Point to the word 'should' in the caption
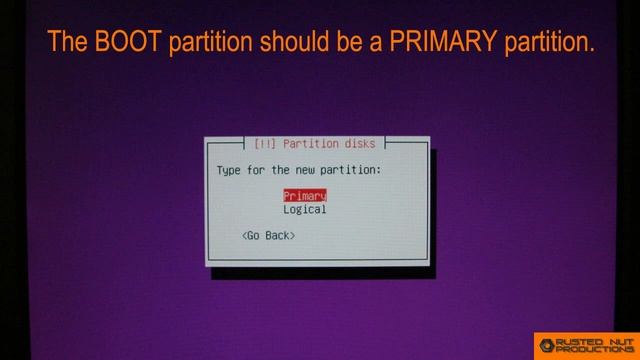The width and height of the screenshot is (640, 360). point(294,41)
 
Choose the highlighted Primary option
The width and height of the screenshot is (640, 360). point(305,196)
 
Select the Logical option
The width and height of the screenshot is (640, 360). point(305,210)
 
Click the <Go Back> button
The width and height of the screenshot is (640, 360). point(268,235)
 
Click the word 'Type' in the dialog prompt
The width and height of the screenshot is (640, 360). point(230,170)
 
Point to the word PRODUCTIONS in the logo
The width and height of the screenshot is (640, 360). point(597,351)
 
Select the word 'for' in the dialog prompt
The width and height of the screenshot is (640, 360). point(258,170)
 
